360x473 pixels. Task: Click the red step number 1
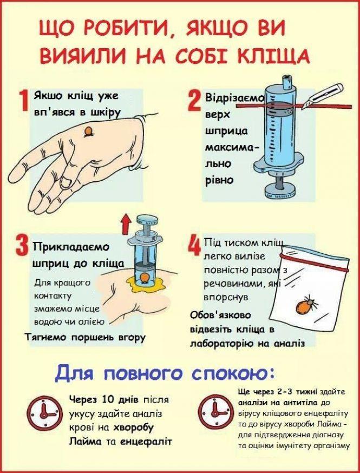tap(23, 103)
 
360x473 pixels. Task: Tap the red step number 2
tap(194, 102)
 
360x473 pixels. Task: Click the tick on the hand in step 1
tap(88, 132)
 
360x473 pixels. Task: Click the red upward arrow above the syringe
tap(125, 221)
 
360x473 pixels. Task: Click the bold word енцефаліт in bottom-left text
tap(147, 441)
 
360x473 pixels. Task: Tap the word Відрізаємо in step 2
tap(234, 99)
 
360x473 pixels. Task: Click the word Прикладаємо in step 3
tap(71, 247)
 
